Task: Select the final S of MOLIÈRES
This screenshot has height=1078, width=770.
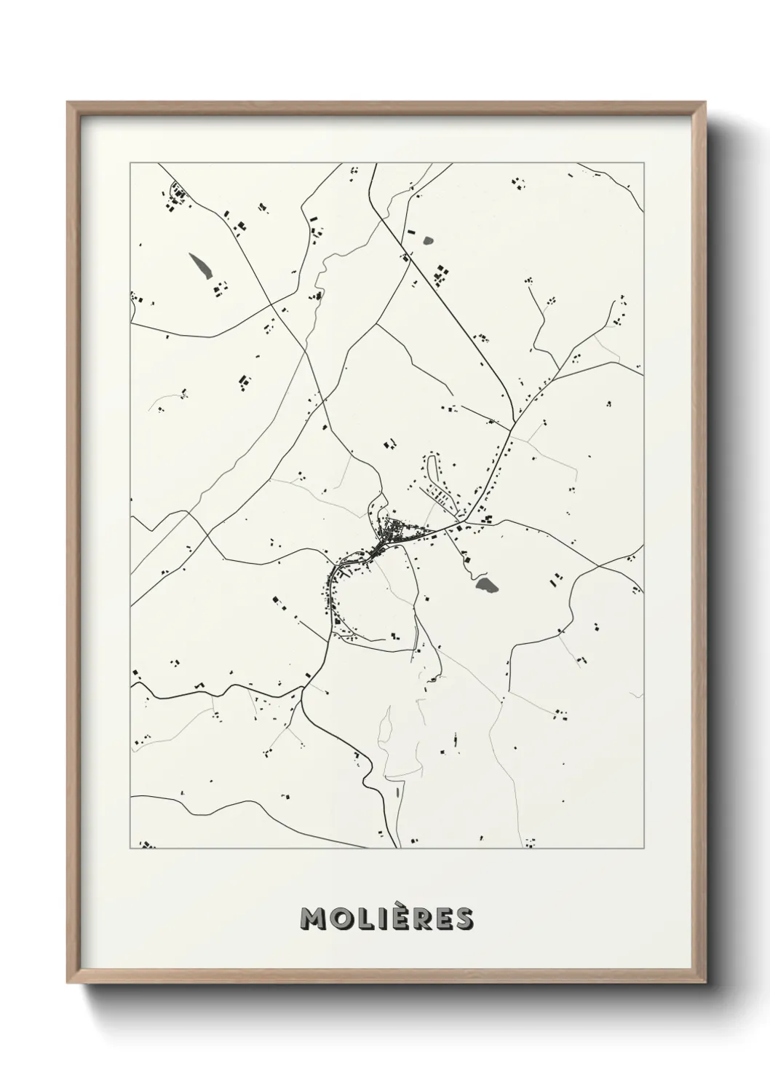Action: [x=464, y=919]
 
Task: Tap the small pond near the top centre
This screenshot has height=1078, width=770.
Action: [x=426, y=239]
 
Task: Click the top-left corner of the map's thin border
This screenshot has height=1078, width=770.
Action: [x=130, y=163]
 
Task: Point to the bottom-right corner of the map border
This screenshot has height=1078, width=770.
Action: [x=643, y=849]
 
